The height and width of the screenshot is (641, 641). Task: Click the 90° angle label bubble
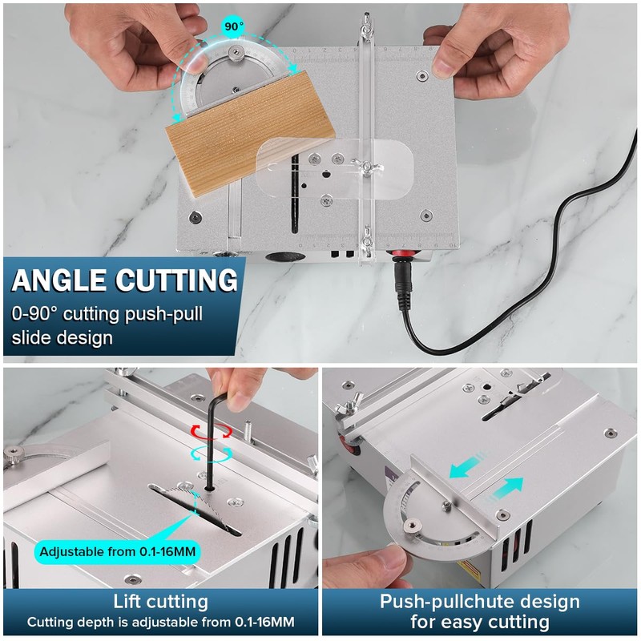click(233, 26)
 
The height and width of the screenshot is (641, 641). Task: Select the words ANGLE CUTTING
click(124, 281)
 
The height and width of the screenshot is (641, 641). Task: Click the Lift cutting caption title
click(161, 601)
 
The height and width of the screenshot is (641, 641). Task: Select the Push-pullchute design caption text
click(481, 601)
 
